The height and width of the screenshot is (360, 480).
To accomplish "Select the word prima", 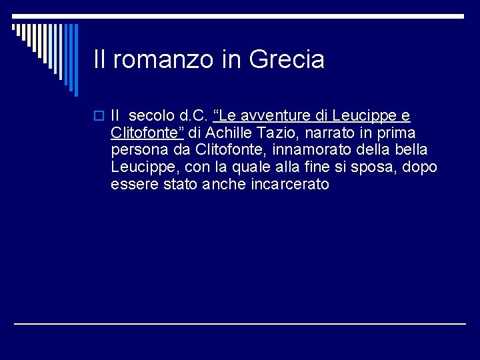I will coord(398,133).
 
